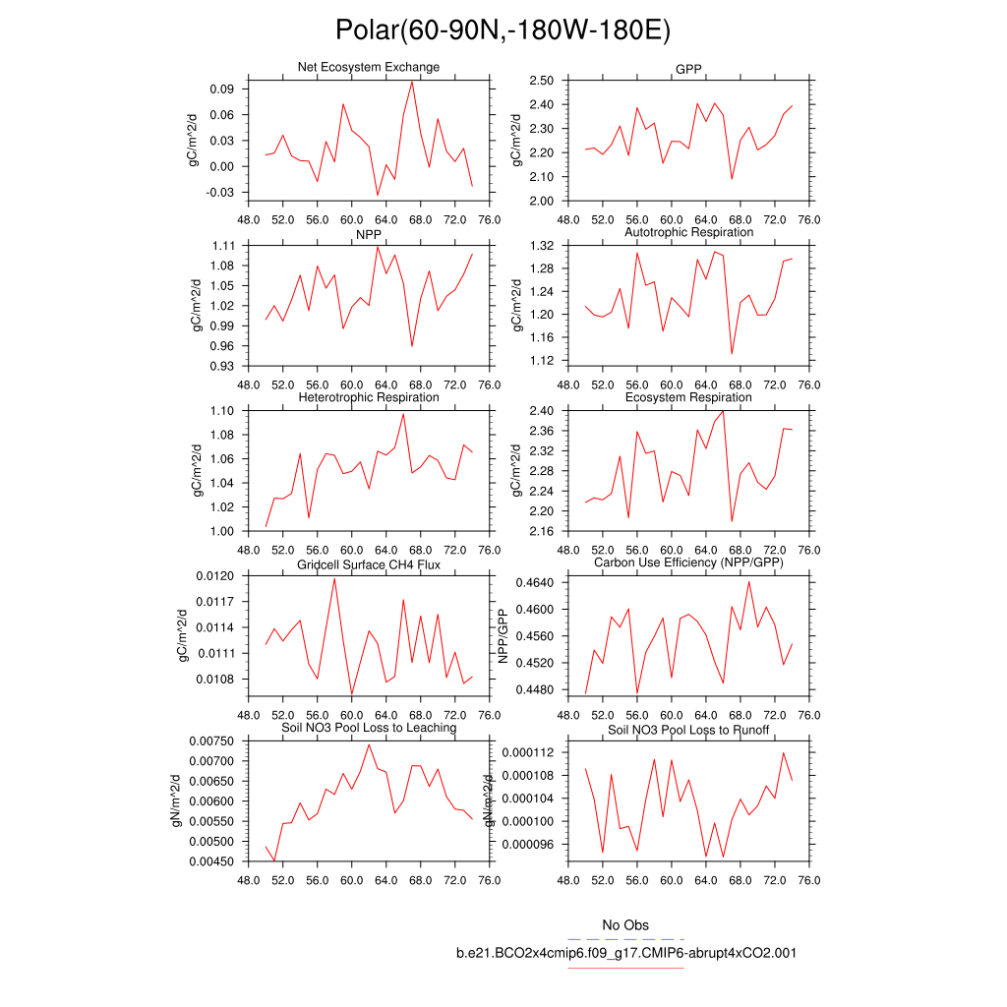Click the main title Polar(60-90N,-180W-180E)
click(x=503, y=30)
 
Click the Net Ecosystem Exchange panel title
click(x=369, y=67)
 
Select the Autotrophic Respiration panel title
click(x=688, y=232)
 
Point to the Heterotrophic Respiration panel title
click(x=369, y=397)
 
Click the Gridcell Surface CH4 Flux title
click(x=369, y=564)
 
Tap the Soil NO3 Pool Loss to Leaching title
click(x=369, y=728)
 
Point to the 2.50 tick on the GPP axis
click(x=543, y=81)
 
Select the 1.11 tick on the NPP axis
click(x=223, y=246)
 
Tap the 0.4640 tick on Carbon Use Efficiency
click(x=537, y=583)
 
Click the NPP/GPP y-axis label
click(x=503, y=636)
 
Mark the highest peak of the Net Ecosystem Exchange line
click(x=412, y=82)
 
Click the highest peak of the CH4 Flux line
click(x=334, y=578)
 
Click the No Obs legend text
click(x=625, y=925)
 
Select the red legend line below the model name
click(x=625, y=968)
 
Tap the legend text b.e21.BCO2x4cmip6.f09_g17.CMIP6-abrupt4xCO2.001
click(x=625, y=953)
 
